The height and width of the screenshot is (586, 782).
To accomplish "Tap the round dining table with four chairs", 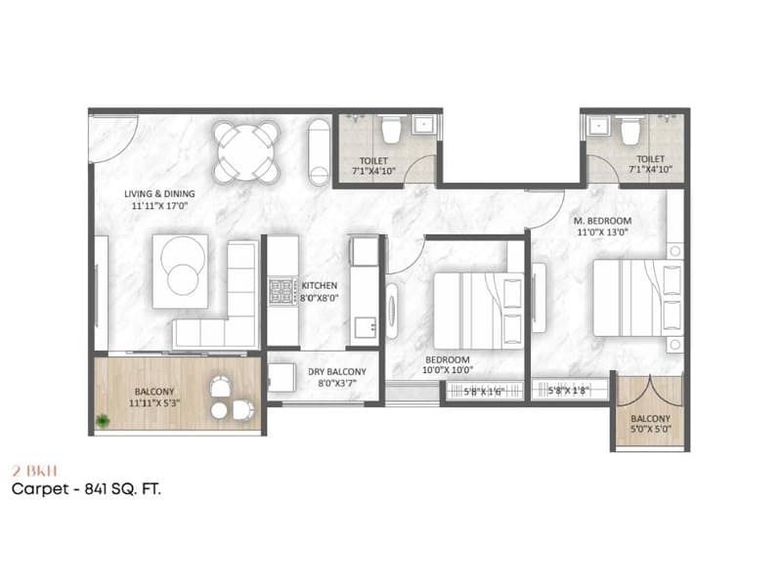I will point(247,151).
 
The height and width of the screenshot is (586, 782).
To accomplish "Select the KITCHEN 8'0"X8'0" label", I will point(319,292).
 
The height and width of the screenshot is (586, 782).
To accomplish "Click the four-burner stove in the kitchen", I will point(282,291).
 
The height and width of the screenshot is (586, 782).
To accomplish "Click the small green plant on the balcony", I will point(102,420).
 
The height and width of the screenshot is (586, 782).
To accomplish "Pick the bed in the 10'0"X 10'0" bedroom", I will point(477,311).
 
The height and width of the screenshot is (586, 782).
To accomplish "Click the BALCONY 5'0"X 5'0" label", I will point(650,423).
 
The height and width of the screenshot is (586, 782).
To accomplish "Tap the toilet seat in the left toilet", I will point(391,129).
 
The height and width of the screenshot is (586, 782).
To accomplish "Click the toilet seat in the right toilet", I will point(630,129).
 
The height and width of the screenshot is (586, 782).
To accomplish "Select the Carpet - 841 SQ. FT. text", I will point(86,488).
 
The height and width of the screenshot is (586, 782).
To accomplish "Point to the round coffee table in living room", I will point(184,276).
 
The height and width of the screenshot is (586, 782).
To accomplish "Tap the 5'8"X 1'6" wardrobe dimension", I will point(484,393).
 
